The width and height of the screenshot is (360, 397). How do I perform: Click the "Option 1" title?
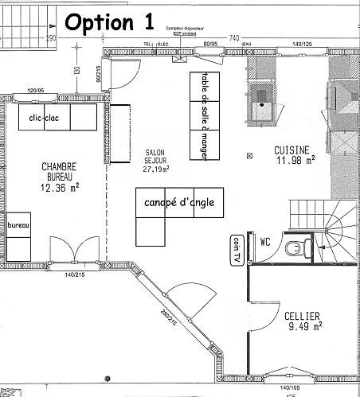click(x=110, y=21)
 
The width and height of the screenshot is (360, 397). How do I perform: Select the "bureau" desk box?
click(x=18, y=226)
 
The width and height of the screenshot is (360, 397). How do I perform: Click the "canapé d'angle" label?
click(x=180, y=203)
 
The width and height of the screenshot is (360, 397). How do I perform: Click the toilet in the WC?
click(x=297, y=247)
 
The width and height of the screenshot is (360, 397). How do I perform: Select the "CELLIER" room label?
click(x=304, y=315)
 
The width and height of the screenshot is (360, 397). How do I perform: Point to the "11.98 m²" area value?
click(x=295, y=160)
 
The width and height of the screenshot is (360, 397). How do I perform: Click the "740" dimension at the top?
click(x=234, y=37)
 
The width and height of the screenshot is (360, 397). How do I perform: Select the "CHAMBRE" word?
click(x=58, y=167)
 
